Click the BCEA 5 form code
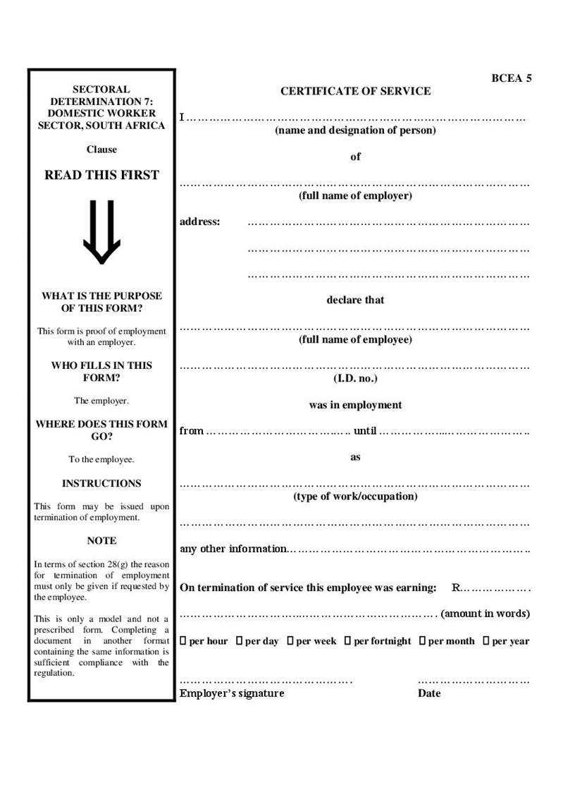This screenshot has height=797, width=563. (511, 78)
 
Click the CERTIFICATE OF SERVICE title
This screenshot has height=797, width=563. (355, 91)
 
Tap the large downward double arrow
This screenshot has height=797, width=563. (101, 232)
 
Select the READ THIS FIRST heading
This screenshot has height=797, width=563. (101, 175)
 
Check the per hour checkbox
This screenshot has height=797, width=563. (183, 641)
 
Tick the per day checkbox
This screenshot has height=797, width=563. (240, 641)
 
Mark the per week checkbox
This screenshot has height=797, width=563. (290, 641)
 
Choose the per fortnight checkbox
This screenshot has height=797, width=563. (347, 641)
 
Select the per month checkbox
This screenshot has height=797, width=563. (422, 641)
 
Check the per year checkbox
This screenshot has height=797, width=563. (486, 641)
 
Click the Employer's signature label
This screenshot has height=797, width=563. (232, 693)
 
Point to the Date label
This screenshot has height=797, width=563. (428, 693)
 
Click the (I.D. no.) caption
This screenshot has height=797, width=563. (355, 379)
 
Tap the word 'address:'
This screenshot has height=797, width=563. (200, 222)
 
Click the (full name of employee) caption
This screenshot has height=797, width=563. (355, 340)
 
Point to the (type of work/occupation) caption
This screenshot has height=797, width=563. (355, 497)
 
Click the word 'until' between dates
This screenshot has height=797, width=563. (365, 431)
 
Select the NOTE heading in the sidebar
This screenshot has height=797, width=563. (101, 541)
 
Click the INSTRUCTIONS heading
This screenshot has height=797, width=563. (101, 484)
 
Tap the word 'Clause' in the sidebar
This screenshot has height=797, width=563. (101, 150)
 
